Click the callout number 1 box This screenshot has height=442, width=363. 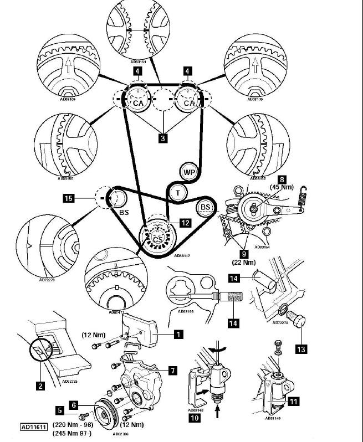click(177, 335)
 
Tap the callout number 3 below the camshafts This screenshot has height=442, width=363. click(162, 138)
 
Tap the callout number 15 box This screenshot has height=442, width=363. click(84, 198)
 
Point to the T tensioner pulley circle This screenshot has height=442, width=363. click(178, 192)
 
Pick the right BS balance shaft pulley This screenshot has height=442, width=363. click(206, 208)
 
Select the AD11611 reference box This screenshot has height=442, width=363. click(34, 427)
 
